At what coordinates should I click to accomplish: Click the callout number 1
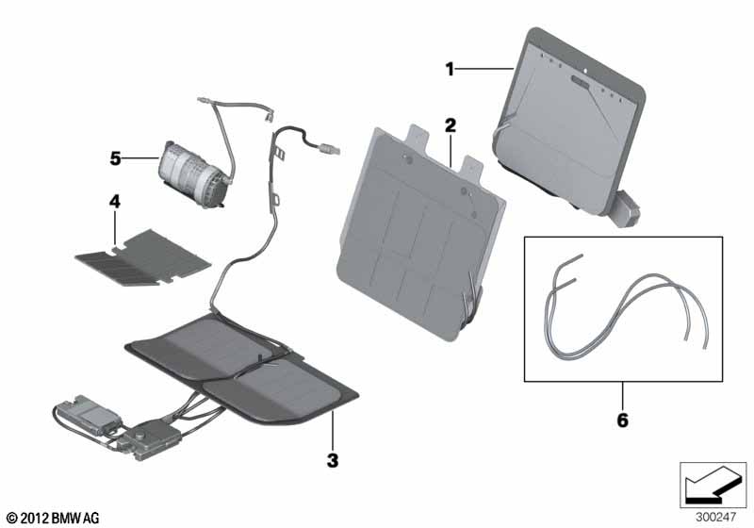pos(450,69)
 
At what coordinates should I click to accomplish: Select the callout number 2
pos(451,125)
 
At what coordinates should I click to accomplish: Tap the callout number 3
pos(333,461)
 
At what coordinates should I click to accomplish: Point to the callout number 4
pos(114,202)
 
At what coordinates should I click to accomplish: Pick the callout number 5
pos(115,158)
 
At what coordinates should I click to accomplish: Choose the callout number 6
pos(623,421)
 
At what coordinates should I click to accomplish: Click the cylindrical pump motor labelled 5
pos(194,174)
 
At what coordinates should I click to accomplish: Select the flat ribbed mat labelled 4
pos(143,257)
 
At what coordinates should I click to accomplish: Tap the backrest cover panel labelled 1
pos(569,126)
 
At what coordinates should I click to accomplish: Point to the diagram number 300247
pos(715,517)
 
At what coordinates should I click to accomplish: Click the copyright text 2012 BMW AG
pos(54,518)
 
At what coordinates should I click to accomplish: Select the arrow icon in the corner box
pos(713,485)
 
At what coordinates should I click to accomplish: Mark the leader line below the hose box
pos(623,397)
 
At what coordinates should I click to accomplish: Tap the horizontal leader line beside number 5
pos(140,157)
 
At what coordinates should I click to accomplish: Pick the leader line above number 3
pos(333,433)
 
